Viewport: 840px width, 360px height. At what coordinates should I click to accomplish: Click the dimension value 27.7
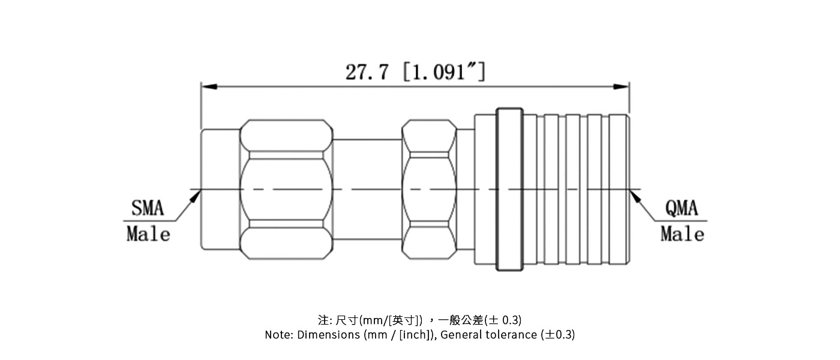[x=367, y=72]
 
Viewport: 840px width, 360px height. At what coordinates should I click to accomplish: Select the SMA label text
[x=148, y=209]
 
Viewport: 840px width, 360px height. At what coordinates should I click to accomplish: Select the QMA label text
[x=682, y=209]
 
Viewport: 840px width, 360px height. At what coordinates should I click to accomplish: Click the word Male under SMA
[x=148, y=233]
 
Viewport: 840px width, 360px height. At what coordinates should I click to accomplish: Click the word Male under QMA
[x=682, y=233]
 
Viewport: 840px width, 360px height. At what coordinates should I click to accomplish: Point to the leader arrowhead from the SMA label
[x=196, y=195]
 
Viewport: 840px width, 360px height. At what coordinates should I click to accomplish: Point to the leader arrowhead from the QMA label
[x=635, y=195]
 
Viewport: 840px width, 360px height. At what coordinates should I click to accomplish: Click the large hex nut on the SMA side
[x=286, y=190]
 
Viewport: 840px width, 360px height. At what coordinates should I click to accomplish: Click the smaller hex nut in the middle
[x=429, y=190]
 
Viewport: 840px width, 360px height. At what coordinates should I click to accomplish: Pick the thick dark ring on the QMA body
[x=509, y=190]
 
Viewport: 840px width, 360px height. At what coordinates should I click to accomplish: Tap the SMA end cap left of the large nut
[x=220, y=190]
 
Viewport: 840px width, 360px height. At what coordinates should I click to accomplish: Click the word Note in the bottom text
[x=278, y=335]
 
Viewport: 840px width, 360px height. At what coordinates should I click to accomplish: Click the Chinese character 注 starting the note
[x=323, y=319]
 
